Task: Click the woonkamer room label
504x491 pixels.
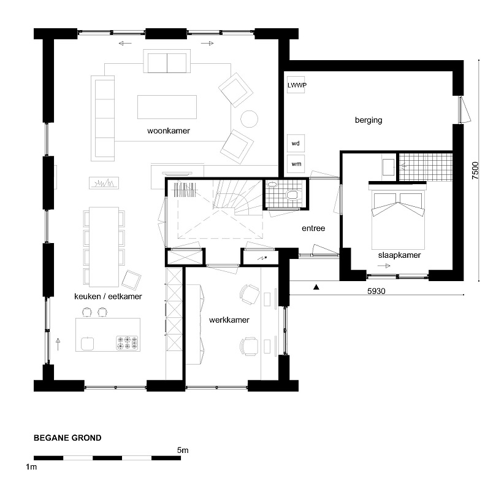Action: pyautogui.click(x=169, y=131)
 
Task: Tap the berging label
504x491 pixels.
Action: pyautogui.click(x=368, y=120)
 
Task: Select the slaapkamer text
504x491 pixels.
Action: pyautogui.click(x=399, y=255)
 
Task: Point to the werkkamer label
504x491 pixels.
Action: pyautogui.click(x=229, y=320)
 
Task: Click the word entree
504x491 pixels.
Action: pyautogui.click(x=313, y=228)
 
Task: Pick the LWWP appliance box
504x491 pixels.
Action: pyautogui.click(x=296, y=85)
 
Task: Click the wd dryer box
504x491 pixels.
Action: pyautogui.click(x=296, y=143)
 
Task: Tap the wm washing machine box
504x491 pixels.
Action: pyautogui.click(x=296, y=164)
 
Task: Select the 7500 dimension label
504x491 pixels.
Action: pyautogui.click(x=475, y=171)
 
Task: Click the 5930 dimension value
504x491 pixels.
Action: pyautogui.click(x=376, y=291)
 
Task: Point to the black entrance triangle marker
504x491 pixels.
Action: pyautogui.click(x=316, y=287)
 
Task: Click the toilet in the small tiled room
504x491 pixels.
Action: pyautogui.click(x=292, y=195)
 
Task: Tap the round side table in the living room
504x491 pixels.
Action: pyautogui.click(x=249, y=119)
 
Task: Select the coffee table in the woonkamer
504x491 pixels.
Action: pyautogui.click(x=167, y=107)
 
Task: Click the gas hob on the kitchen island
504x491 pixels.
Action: pyautogui.click(x=128, y=342)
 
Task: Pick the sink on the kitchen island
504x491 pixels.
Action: pyautogui.click(x=88, y=343)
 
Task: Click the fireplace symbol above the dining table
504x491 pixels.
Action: pyautogui.click(x=104, y=184)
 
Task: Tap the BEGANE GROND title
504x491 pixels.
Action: pyautogui.click(x=67, y=438)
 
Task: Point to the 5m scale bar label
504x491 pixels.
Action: pyautogui.click(x=183, y=450)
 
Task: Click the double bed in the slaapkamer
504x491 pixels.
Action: pyautogui.click(x=399, y=218)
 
